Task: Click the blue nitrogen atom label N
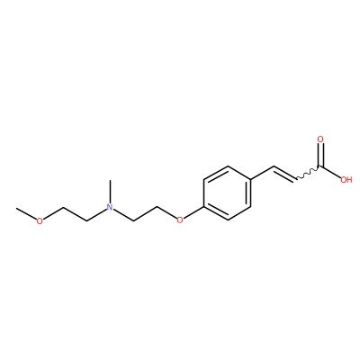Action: [x=110, y=207]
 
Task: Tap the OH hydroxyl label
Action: [x=346, y=180]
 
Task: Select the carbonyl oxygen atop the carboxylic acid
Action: [x=320, y=139]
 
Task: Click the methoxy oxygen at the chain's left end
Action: [x=40, y=220]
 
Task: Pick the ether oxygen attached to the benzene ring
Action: [x=180, y=220]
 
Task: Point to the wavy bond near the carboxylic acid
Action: [x=309, y=173]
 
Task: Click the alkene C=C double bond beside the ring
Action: [x=285, y=174]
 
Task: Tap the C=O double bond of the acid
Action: [x=320, y=156]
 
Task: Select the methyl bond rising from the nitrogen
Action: [x=110, y=191]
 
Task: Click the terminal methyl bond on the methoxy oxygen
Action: [x=26, y=212]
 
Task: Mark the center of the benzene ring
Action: [x=227, y=193]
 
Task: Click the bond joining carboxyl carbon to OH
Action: [x=330, y=172]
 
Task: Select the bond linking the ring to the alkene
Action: [x=262, y=173]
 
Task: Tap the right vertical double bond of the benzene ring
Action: [x=249, y=193]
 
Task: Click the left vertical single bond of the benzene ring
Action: [x=204, y=193]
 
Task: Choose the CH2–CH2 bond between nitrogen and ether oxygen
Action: [x=145, y=213]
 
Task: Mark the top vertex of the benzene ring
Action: [x=228, y=166]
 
